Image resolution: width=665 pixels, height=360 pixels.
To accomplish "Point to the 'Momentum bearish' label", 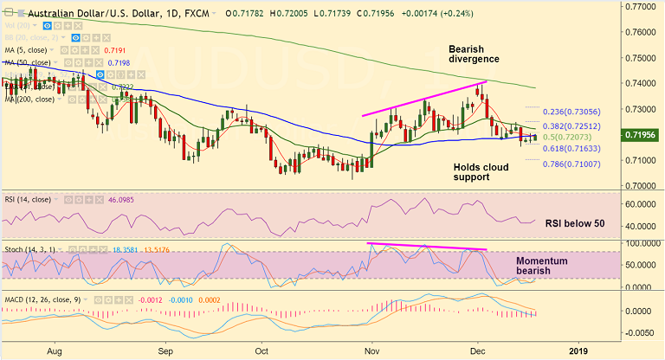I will (541, 266).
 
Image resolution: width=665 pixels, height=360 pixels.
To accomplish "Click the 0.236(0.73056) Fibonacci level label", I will (570, 112).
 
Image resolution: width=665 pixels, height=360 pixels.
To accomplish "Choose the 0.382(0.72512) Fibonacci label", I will (570, 126).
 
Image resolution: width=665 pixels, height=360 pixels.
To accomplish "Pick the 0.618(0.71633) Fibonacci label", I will (570, 149).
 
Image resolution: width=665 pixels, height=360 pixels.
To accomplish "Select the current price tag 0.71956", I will (642, 137).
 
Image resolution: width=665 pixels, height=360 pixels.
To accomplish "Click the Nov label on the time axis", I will (374, 351).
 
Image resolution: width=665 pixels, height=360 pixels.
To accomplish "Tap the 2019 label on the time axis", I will (578, 351).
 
